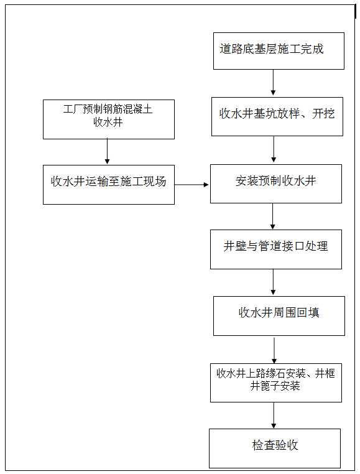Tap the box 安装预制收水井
[275, 184]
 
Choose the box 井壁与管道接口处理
[275, 249]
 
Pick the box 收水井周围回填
[279, 315]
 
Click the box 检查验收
[275, 448]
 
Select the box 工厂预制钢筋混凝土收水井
[108, 119]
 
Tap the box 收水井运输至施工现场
[108, 184]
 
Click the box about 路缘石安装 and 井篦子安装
[275, 382]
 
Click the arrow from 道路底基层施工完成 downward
[273, 83]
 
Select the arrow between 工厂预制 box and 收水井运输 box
[107, 152]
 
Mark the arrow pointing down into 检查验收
[273, 415]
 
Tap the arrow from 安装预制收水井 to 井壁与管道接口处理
[273, 216]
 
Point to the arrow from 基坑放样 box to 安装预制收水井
[274, 150]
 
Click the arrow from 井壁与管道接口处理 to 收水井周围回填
[273, 282]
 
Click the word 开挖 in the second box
[324, 114]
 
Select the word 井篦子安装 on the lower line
[275, 386]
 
